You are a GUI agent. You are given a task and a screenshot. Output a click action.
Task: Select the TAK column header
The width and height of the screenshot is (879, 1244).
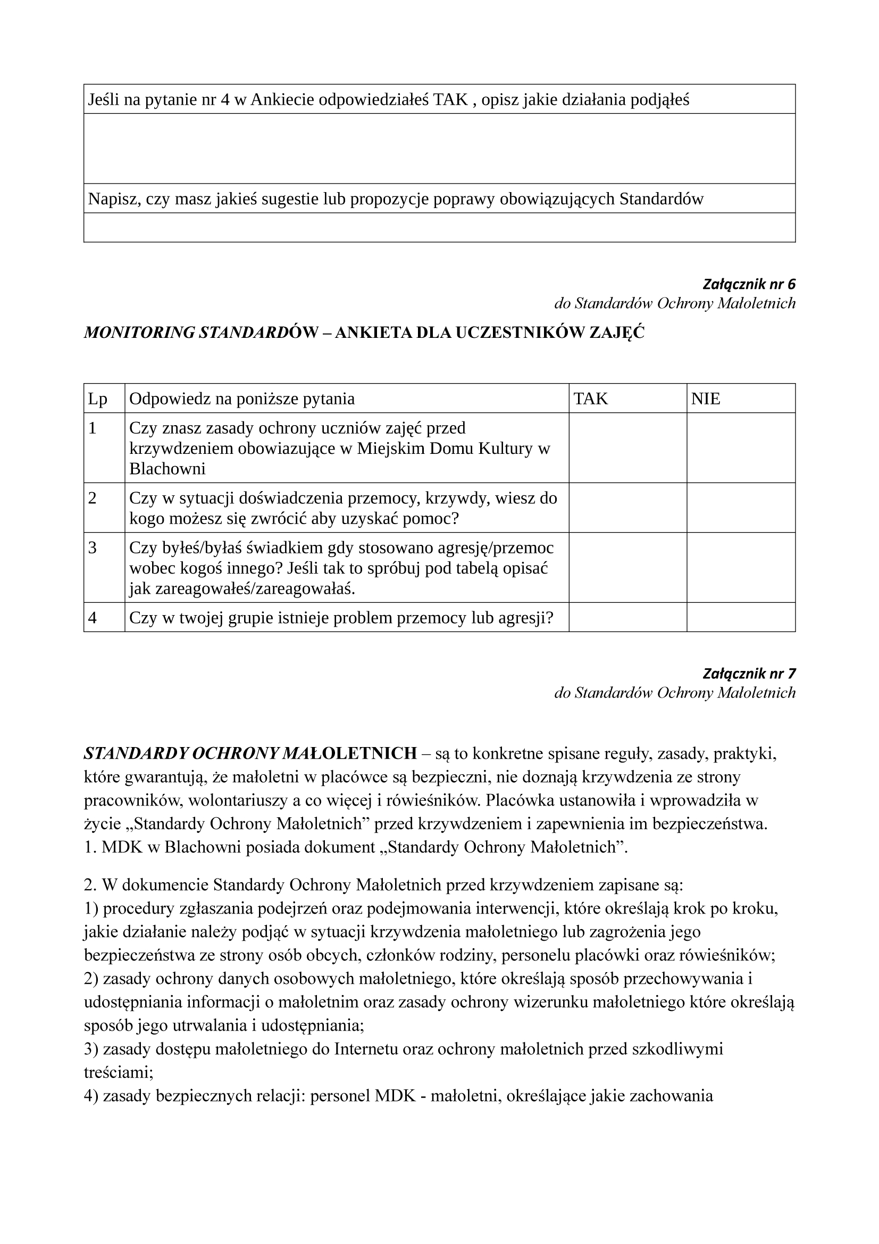pyautogui.click(x=591, y=399)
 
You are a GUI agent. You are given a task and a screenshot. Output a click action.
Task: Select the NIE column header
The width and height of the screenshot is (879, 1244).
pyautogui.click(x=706, y=399)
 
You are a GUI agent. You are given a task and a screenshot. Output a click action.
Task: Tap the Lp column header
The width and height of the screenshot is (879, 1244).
pyautogui.click(x=98, y=399)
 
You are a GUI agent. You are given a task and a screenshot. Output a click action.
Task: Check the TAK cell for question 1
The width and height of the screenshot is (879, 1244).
pyautogui.click(x=627, y=447)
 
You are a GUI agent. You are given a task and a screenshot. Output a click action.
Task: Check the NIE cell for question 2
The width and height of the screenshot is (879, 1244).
pyautogui.click(x=741, y=508)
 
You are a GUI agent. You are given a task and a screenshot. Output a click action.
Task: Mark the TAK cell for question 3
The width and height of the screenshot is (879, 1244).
pyautogui.click(x=627, y=567)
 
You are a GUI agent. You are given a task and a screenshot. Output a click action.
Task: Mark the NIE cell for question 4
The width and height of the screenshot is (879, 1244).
pyautogui.click(x=741, y=618)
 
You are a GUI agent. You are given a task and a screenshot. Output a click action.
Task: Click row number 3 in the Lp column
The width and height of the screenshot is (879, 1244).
pyautogui.click(x=93, y=548)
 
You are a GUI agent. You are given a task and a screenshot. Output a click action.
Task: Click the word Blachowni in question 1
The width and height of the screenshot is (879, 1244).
pyautogui.click(x=168, y=469)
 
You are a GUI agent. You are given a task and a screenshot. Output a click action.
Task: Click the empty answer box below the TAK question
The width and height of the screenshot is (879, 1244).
pyautogui.click(x=439, y=148)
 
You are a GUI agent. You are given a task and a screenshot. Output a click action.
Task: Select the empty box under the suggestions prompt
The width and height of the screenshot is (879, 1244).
pyautogui.click(x=439, y=228)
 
